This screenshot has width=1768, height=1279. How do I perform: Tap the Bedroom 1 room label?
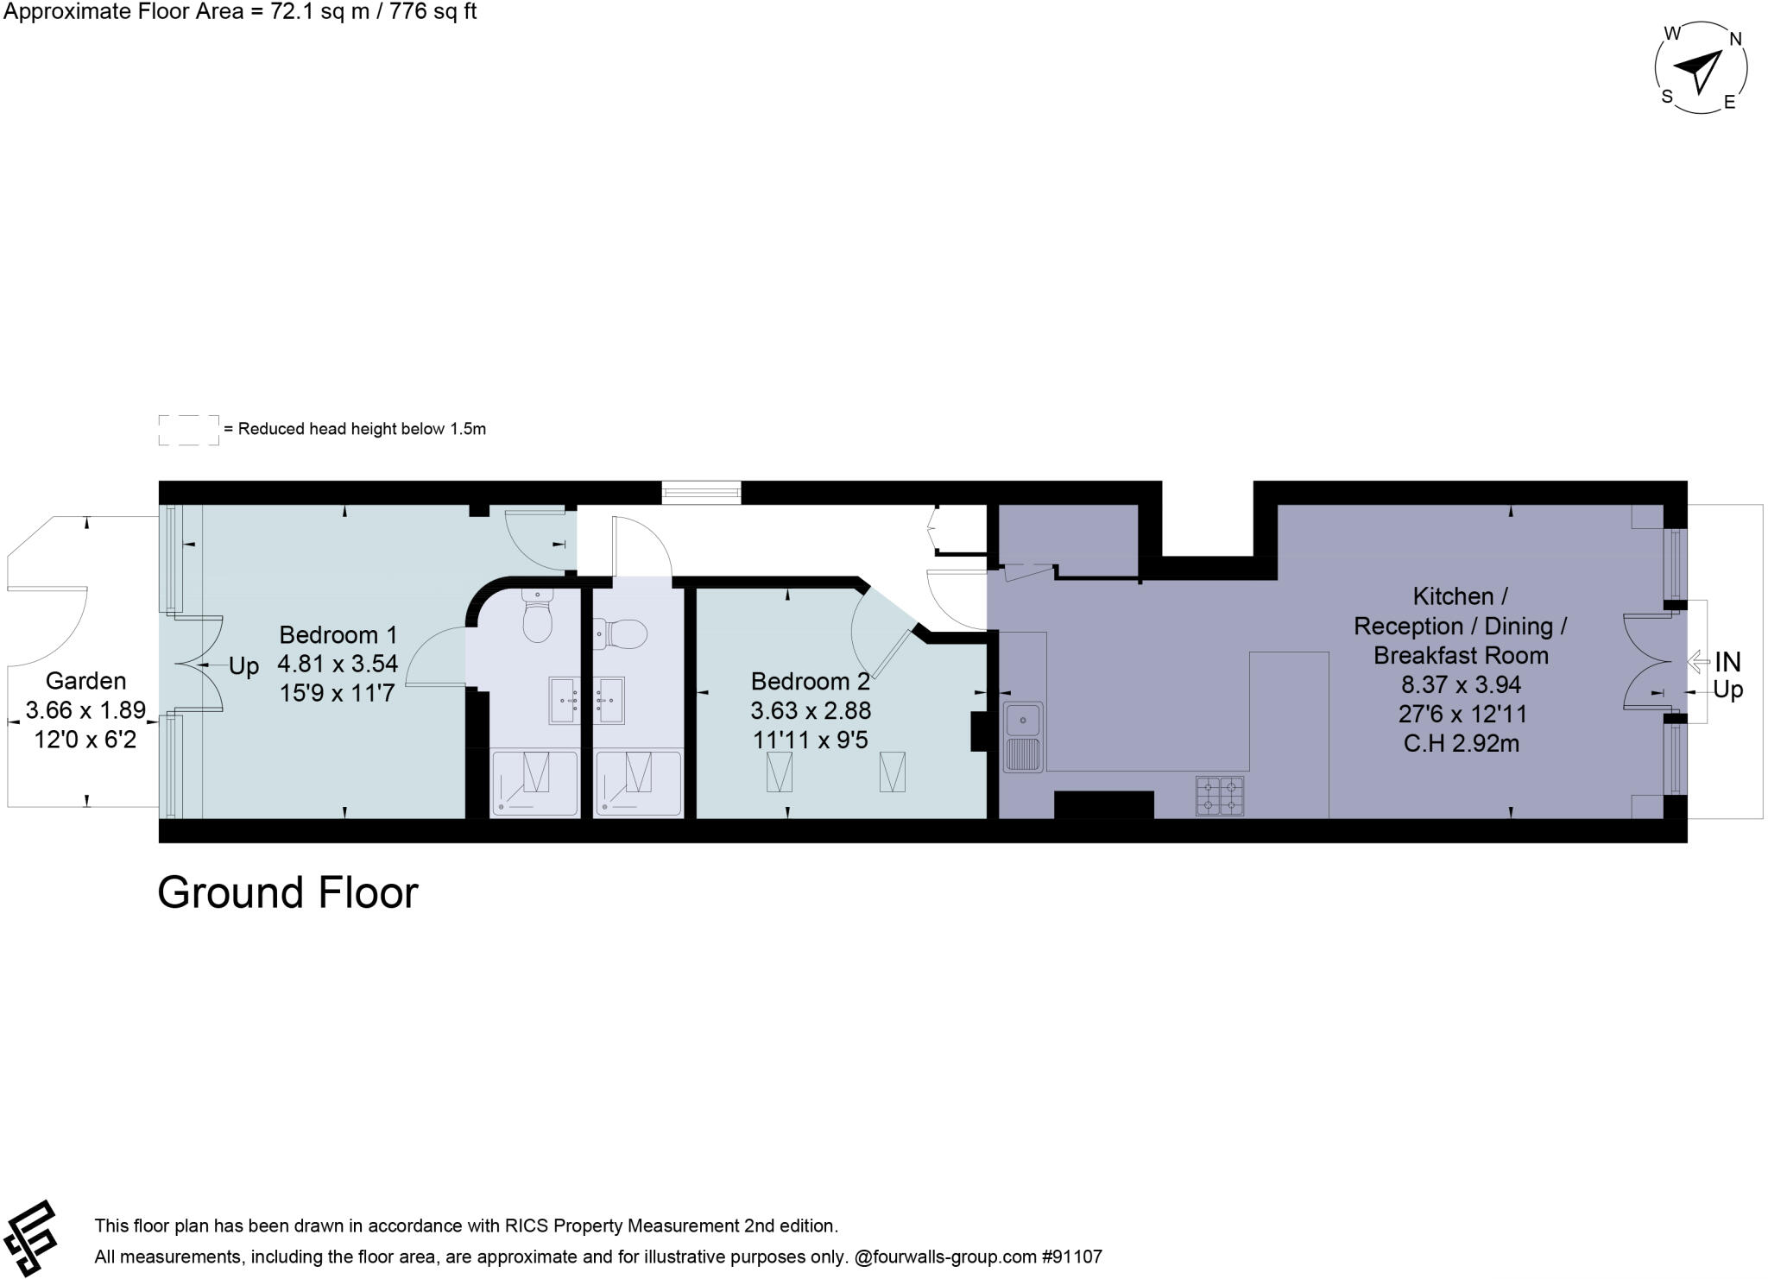[338, 635]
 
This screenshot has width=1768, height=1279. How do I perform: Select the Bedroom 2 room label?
[810, 682]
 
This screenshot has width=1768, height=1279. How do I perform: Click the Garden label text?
[85, 681]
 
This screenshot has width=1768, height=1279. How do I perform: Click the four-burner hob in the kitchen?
[1220, 796]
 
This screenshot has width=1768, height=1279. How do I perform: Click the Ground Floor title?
[287, 892]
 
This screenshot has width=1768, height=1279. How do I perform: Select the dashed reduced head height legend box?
[188, 430]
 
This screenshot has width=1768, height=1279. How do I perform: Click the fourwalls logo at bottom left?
[31, 1238]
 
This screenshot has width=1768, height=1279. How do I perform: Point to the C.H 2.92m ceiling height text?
[1461, 743]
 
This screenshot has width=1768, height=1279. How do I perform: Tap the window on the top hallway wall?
[701, 493]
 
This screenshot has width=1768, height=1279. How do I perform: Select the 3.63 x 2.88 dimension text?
[810, 711]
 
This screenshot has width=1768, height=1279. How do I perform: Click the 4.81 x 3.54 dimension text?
[338, 664]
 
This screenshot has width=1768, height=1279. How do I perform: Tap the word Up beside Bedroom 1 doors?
[244, 666]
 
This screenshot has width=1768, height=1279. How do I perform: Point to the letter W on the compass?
[1672, 35]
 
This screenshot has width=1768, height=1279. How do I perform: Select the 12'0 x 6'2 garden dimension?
[85, 740]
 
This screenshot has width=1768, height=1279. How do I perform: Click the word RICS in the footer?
[527, 1225]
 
